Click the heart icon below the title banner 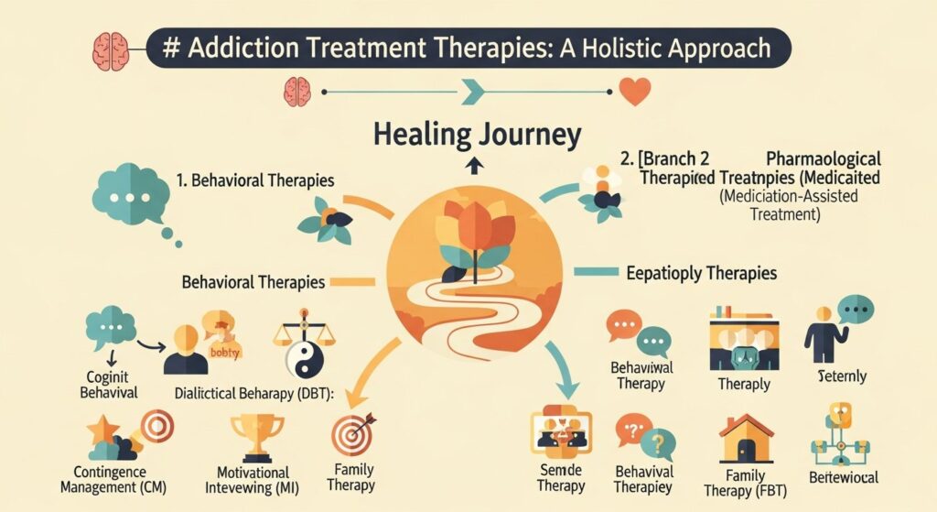[634, 91]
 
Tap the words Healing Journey [477, 136]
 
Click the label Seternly [843, 376]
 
